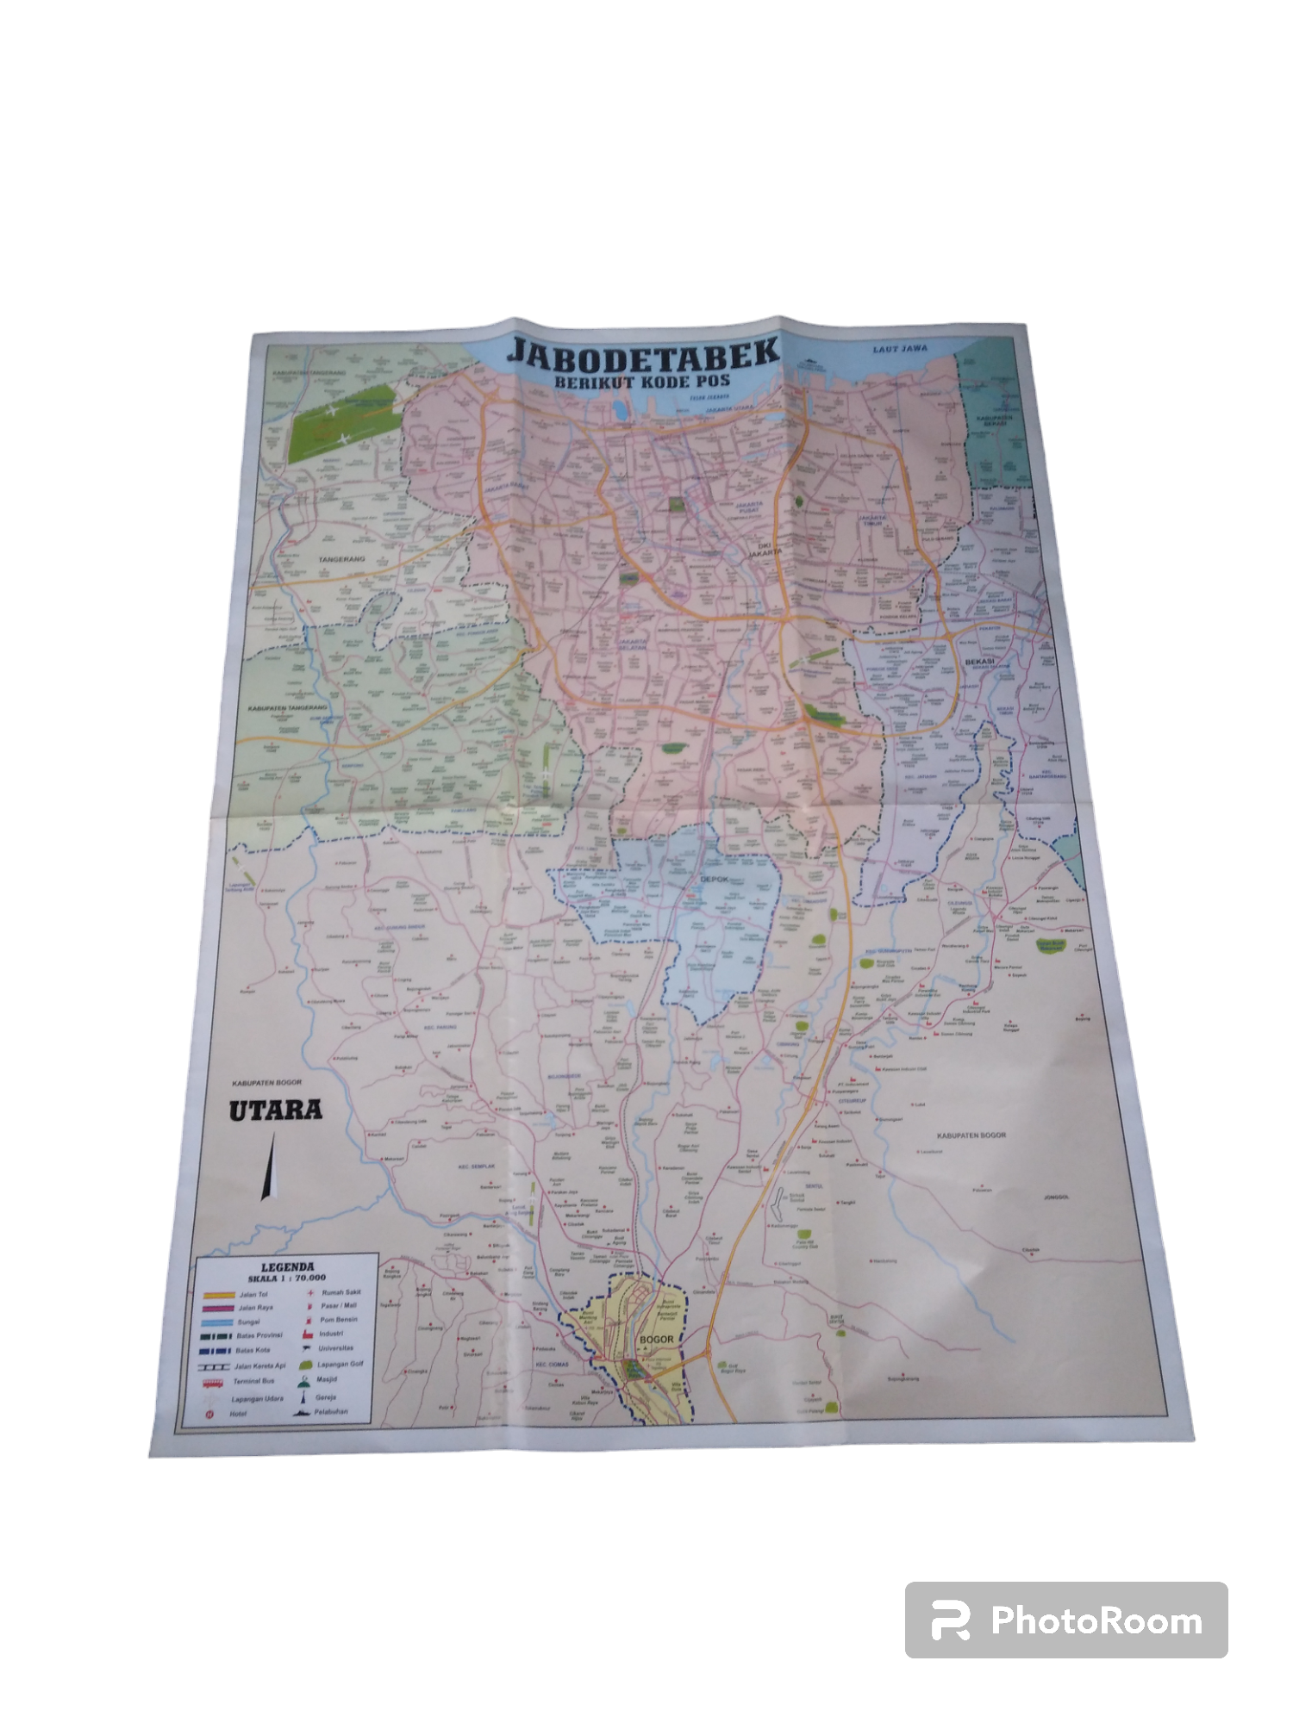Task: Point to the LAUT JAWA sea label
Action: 899,350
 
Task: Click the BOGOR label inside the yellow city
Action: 655,1340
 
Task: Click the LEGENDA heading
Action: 288,1267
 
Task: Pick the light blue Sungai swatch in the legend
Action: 217,1322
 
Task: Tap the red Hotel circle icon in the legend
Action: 209,1415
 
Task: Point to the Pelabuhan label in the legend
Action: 332,1412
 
